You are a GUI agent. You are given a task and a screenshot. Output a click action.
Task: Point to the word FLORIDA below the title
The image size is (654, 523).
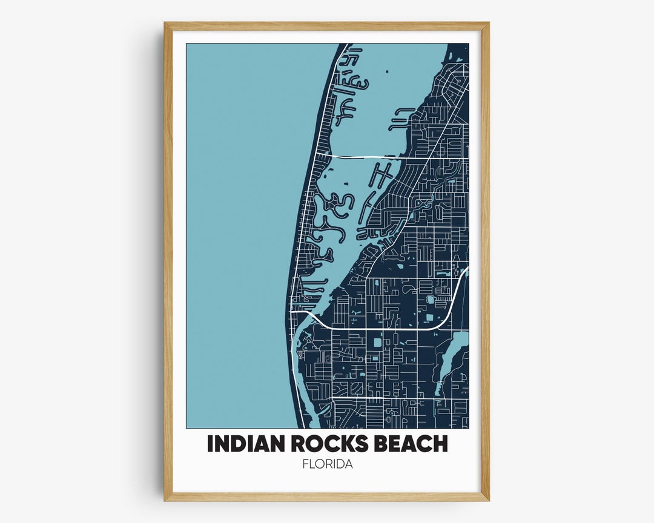327,465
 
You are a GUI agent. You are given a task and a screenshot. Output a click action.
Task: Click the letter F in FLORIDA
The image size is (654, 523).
305,465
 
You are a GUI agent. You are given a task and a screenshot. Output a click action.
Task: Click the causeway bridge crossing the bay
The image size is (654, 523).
363,157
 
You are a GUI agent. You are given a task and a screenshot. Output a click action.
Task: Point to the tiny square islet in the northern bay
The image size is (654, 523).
386,72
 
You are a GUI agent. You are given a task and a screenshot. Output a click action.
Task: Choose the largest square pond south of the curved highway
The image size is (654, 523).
377,343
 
